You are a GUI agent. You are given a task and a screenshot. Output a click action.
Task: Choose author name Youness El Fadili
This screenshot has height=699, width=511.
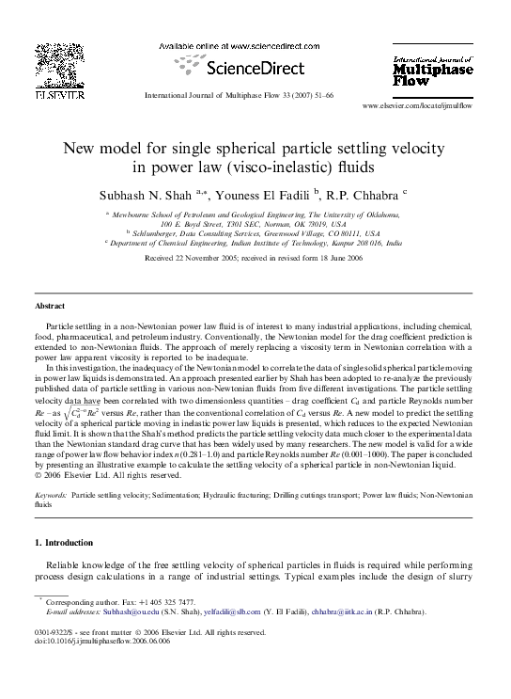click(266, 195)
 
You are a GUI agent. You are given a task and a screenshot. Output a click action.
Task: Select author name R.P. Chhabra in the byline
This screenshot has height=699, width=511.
click(367, 195)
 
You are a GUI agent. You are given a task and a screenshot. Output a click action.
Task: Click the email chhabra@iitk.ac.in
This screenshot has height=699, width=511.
click(346, 612)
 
